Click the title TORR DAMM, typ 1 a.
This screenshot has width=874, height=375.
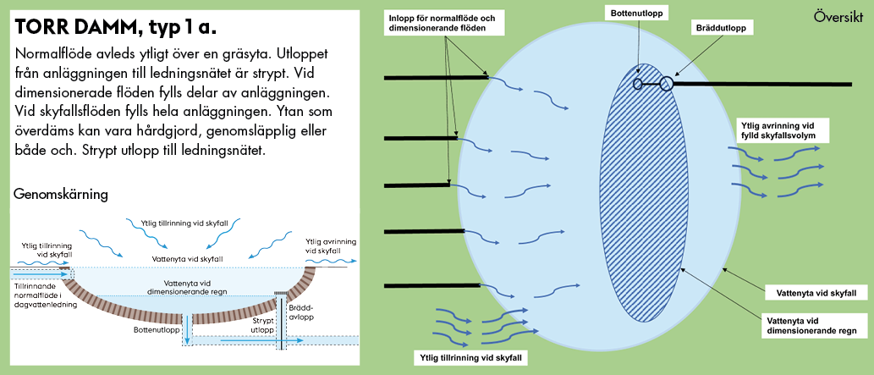116,28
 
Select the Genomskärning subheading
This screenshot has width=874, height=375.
61,195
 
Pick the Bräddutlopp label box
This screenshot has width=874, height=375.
721,27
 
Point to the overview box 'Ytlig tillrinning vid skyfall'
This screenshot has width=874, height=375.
470,357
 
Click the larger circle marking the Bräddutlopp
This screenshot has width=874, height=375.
667,84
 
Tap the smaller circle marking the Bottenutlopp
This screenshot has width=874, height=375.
637,84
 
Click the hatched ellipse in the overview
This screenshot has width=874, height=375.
645,195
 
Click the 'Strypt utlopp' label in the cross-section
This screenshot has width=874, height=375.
263,327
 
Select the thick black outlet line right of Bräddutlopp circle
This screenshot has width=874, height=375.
761,84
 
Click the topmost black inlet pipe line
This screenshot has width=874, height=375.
437,78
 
